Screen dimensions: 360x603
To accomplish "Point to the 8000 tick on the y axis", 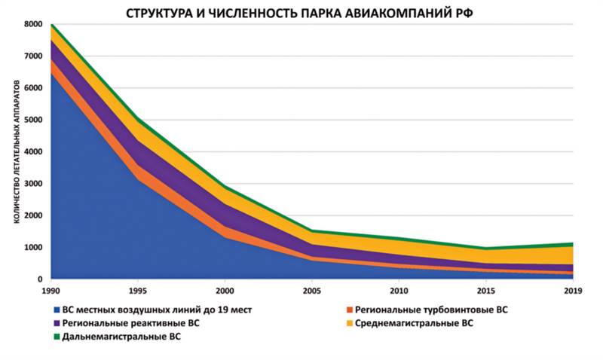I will coord(34,25).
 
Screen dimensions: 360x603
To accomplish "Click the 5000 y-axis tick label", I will coord(34,121).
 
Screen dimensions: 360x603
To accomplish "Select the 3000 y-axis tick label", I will coord(34,184).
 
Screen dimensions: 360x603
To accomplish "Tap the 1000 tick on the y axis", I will coord(34,248).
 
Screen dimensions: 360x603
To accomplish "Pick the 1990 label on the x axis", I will coord(51,290).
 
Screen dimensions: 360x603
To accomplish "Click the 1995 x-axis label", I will coord(138,290).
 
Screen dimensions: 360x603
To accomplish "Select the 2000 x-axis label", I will coord(225,290).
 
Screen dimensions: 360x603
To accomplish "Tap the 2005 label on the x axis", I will coord(311,290).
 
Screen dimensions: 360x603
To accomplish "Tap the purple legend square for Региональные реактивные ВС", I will coord(57,324).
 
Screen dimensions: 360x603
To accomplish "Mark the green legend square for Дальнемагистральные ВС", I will coord(57,337).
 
